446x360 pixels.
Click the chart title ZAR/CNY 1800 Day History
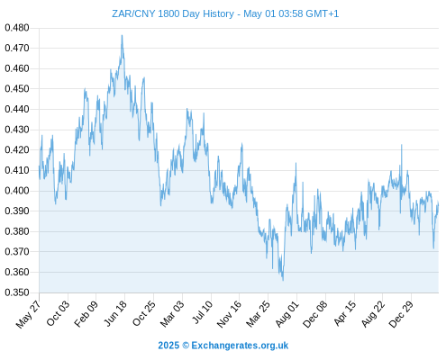(173, 13)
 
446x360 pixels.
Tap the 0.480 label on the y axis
(17, 28)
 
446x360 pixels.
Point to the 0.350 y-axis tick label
(17, 292)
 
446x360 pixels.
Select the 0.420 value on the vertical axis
(17, 149)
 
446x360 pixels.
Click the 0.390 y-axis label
(17, 211)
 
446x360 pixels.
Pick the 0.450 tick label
(17, 89)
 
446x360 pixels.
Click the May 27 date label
(28, 314)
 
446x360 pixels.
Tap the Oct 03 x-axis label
(58, 313)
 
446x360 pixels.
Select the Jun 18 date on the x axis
(115, 313)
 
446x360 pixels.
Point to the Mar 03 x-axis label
(172, 313)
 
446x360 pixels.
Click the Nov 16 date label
(229, 314)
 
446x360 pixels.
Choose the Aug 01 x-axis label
(287, 314)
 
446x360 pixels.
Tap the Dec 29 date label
(401, 314)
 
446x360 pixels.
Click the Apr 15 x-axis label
(344, 313)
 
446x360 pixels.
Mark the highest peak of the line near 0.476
(122, 35)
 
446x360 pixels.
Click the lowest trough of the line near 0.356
(283, 281)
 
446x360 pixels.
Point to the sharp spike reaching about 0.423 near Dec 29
(402, 145)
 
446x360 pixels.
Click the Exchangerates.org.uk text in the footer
(240, 346)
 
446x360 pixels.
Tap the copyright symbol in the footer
(186, 346)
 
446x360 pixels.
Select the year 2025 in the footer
(168, 346)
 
